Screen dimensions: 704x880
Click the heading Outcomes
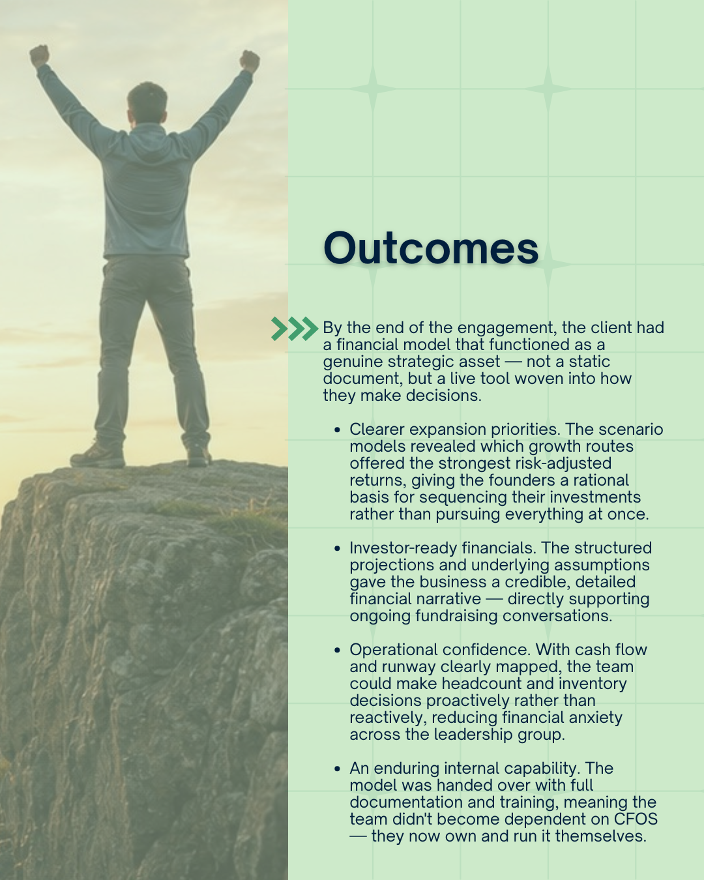pos(431,248)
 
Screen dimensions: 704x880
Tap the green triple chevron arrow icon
pos(295,329)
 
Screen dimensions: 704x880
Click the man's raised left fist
pos(40,55)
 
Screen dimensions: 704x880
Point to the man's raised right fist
pos(250,61)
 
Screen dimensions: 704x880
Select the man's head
pos(147,103)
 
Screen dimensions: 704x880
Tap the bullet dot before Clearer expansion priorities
pos(337,430)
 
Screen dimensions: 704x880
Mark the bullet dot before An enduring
pos(337,769)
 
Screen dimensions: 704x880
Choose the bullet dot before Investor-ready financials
pos(337,548)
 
